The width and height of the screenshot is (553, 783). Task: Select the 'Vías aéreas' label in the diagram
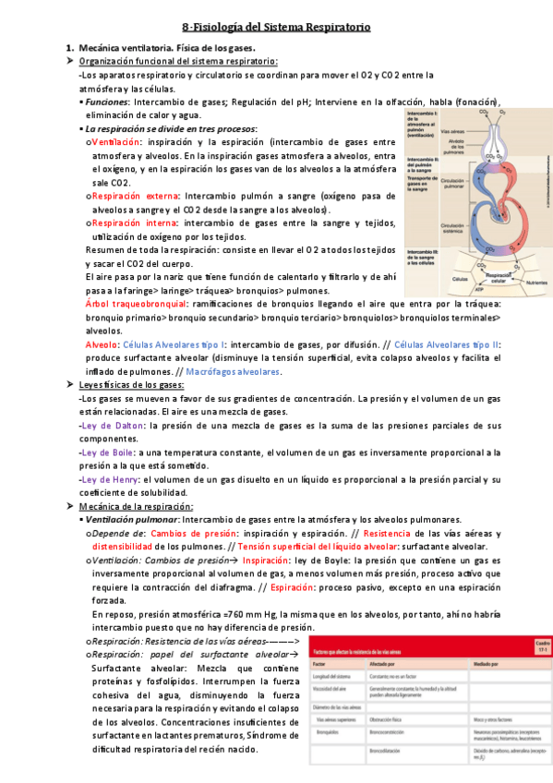click(x=452, y=132)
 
